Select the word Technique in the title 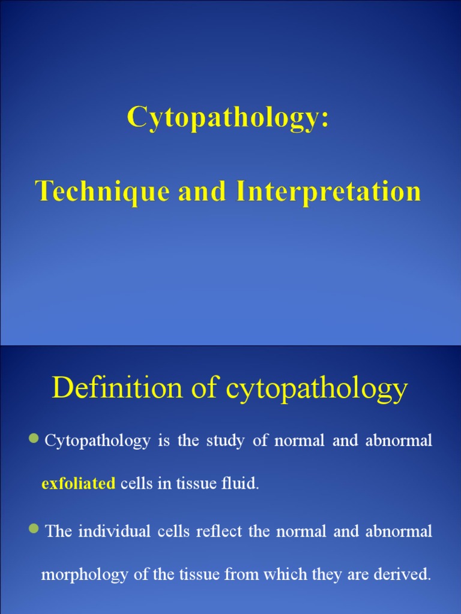(x=95, y=191)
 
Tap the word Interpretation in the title (x=328, y=191)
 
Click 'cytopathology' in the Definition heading (x=317, y=389)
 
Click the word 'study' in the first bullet (x=224, y=441)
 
